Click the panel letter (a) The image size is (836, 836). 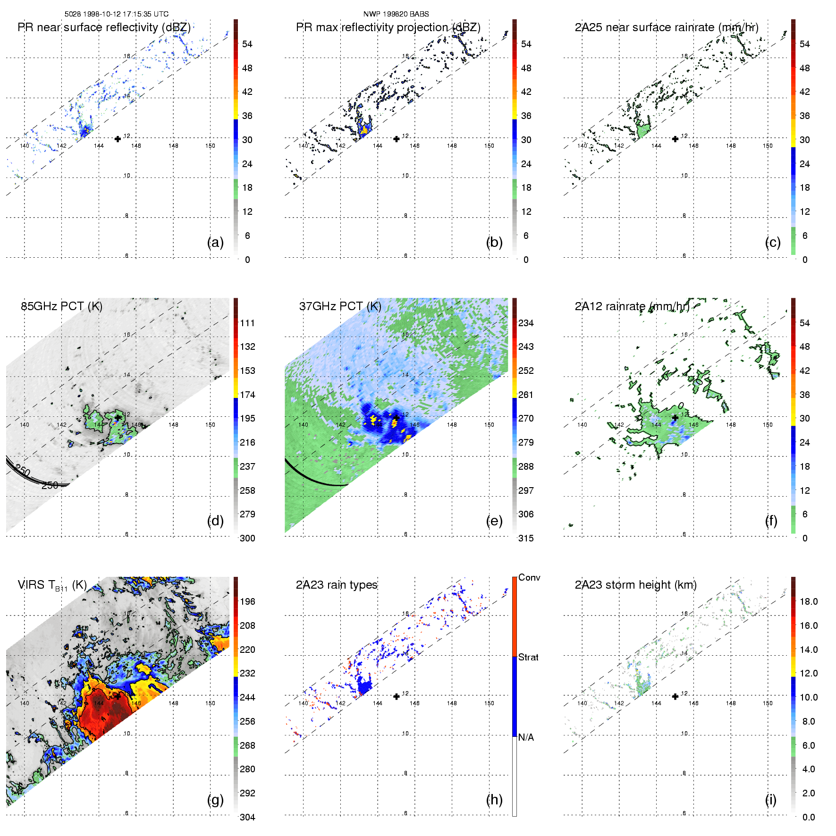coord(215,243)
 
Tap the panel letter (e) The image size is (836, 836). coord(494,521)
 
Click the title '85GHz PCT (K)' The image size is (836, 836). coord(61,306)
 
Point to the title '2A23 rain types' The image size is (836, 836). coord(337,585)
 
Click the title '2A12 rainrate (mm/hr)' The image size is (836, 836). coord(632,306)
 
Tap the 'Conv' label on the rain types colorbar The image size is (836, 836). coord(529,577)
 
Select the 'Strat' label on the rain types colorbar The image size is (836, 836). coord(528,657)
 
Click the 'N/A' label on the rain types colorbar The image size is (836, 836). coord(526,737)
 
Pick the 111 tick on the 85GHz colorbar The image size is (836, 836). coord(247,323)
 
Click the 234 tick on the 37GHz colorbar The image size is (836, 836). coord(526,323)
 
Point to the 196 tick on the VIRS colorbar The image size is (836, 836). coord(247,601)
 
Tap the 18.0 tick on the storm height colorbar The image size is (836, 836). coord(809,601)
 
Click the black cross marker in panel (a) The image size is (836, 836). coord(118,139)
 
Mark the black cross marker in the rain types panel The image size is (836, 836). coord(397,696)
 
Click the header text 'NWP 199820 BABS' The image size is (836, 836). coord(396,14)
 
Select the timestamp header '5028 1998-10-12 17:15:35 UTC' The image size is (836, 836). coord(117,14)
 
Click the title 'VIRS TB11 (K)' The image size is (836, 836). coord(52,585)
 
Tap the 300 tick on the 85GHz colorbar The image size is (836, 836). coord(247,538)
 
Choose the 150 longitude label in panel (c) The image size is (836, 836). coord(768,146)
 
